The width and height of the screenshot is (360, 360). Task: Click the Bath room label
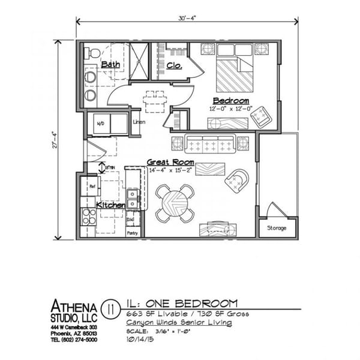[110, 64]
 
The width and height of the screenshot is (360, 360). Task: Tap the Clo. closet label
[175, 65]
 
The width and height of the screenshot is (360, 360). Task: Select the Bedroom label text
[230, 101]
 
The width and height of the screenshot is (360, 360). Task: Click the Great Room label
[170, 163]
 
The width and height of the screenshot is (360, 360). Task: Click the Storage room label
[277, 228]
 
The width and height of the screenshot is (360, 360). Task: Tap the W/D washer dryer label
[100, 124]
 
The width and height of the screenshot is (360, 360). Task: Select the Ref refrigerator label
[92, 187]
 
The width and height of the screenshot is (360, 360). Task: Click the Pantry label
[133, 233]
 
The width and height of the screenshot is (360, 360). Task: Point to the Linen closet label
[139, 122]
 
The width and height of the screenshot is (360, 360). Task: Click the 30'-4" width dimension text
[187, 17]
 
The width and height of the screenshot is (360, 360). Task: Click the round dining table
[175, 203]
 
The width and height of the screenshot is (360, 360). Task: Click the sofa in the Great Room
[210, 144]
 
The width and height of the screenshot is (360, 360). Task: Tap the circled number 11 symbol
[110, 309]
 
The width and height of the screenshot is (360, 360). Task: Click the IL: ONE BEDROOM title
[182, 304]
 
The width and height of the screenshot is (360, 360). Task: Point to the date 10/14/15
[139, 339]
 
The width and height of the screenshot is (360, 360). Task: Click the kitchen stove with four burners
[88, 215]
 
